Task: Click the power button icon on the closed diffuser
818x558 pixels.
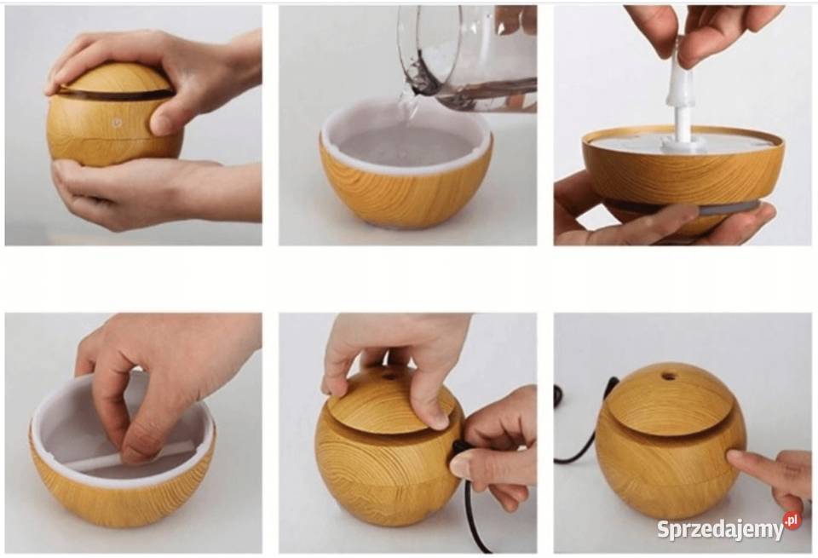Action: click(116, 123)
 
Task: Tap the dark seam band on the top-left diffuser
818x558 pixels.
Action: click(115, 95)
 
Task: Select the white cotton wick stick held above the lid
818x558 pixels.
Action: click(683, 96)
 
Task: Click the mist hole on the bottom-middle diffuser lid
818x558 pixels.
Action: click(389, 376)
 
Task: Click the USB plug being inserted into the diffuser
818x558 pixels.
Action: click(460, 447)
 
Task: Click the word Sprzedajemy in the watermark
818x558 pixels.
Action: click(720, 529)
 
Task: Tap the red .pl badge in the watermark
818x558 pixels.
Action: click(792, 520)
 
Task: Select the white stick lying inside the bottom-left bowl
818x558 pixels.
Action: click(130, 456)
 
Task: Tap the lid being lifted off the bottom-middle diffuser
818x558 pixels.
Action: click(392, 400)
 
